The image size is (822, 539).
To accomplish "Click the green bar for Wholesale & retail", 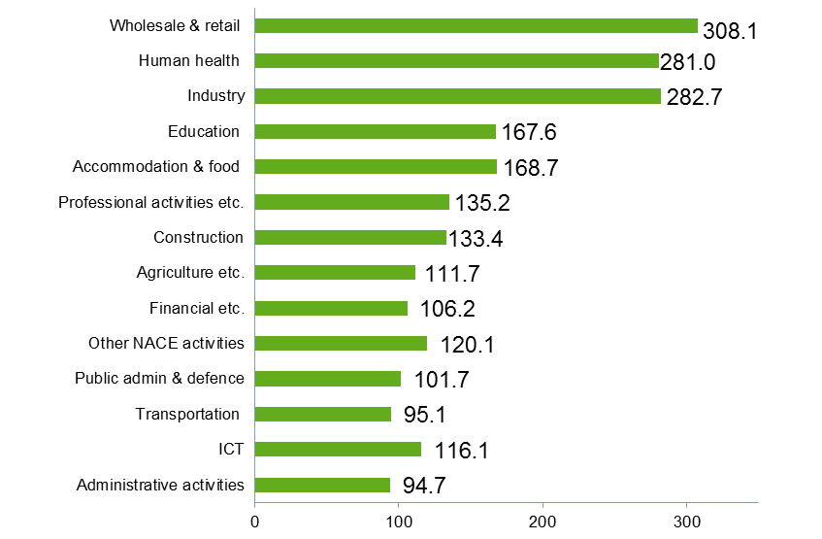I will (476, 26).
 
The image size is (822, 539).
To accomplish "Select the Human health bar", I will (456, 61).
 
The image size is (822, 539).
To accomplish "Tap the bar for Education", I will (375, 131).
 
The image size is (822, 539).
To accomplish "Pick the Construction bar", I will (350, 237).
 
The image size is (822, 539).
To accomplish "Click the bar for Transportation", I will (323, 414).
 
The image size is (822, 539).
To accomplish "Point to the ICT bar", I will (338, 449).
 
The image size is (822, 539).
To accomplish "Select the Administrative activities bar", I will (322, 485).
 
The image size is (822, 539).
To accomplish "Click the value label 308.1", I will (729, 31).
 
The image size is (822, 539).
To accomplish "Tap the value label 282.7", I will (695, 98).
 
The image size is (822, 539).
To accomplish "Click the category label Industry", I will (215, 96).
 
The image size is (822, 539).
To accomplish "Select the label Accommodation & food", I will (157, 166).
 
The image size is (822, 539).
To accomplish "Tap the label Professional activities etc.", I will (150, 202).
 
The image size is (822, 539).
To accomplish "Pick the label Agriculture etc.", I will (190, 272).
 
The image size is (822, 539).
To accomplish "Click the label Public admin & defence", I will (159, 378).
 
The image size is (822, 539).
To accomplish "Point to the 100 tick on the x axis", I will (399, 521).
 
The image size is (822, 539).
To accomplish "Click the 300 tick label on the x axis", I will (687, 521).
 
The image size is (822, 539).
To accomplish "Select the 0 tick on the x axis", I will (255, 521).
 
